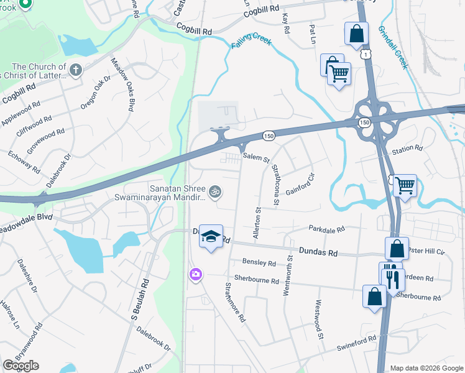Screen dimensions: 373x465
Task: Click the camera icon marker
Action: tap(196, 274)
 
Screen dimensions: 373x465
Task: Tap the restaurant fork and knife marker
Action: tap(392, 276)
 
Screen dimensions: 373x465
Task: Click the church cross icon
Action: tap(76, 70)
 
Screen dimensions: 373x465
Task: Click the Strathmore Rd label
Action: tap(236, 303)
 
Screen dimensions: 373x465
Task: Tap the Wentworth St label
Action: tap(288, 275)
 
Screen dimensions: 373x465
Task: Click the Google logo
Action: tap(21, 366)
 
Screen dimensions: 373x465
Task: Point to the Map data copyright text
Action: tap(426, 368)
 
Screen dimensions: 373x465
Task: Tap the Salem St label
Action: tap(255, 158)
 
